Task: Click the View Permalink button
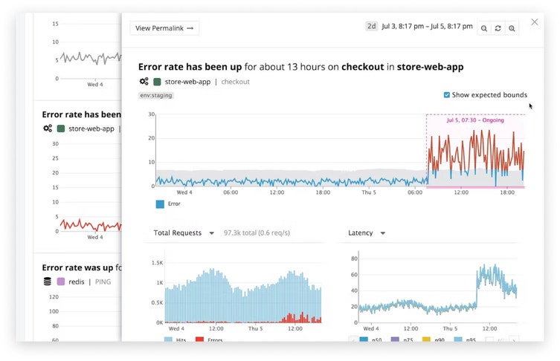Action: pos(164,28)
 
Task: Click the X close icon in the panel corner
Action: pos(534,22)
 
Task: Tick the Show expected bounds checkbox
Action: pos(446,95)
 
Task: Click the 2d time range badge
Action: pos(371,26)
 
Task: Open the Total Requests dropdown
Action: pos(184,233)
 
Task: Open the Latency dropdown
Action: pos(367,233)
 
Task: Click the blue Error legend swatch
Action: pos(160,204)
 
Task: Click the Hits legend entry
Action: pos(178,340)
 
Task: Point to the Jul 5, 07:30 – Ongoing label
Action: pos(475,120)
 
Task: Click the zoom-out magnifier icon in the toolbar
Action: pos(484,28)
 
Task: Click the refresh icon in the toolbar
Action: pos(498,28)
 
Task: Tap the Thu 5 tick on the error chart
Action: pos(370,192)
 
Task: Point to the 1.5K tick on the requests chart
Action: pos(156,264)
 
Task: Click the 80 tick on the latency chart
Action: pos(354,259)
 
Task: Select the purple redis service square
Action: pos(62,282)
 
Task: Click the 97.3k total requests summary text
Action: pos(257,233)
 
